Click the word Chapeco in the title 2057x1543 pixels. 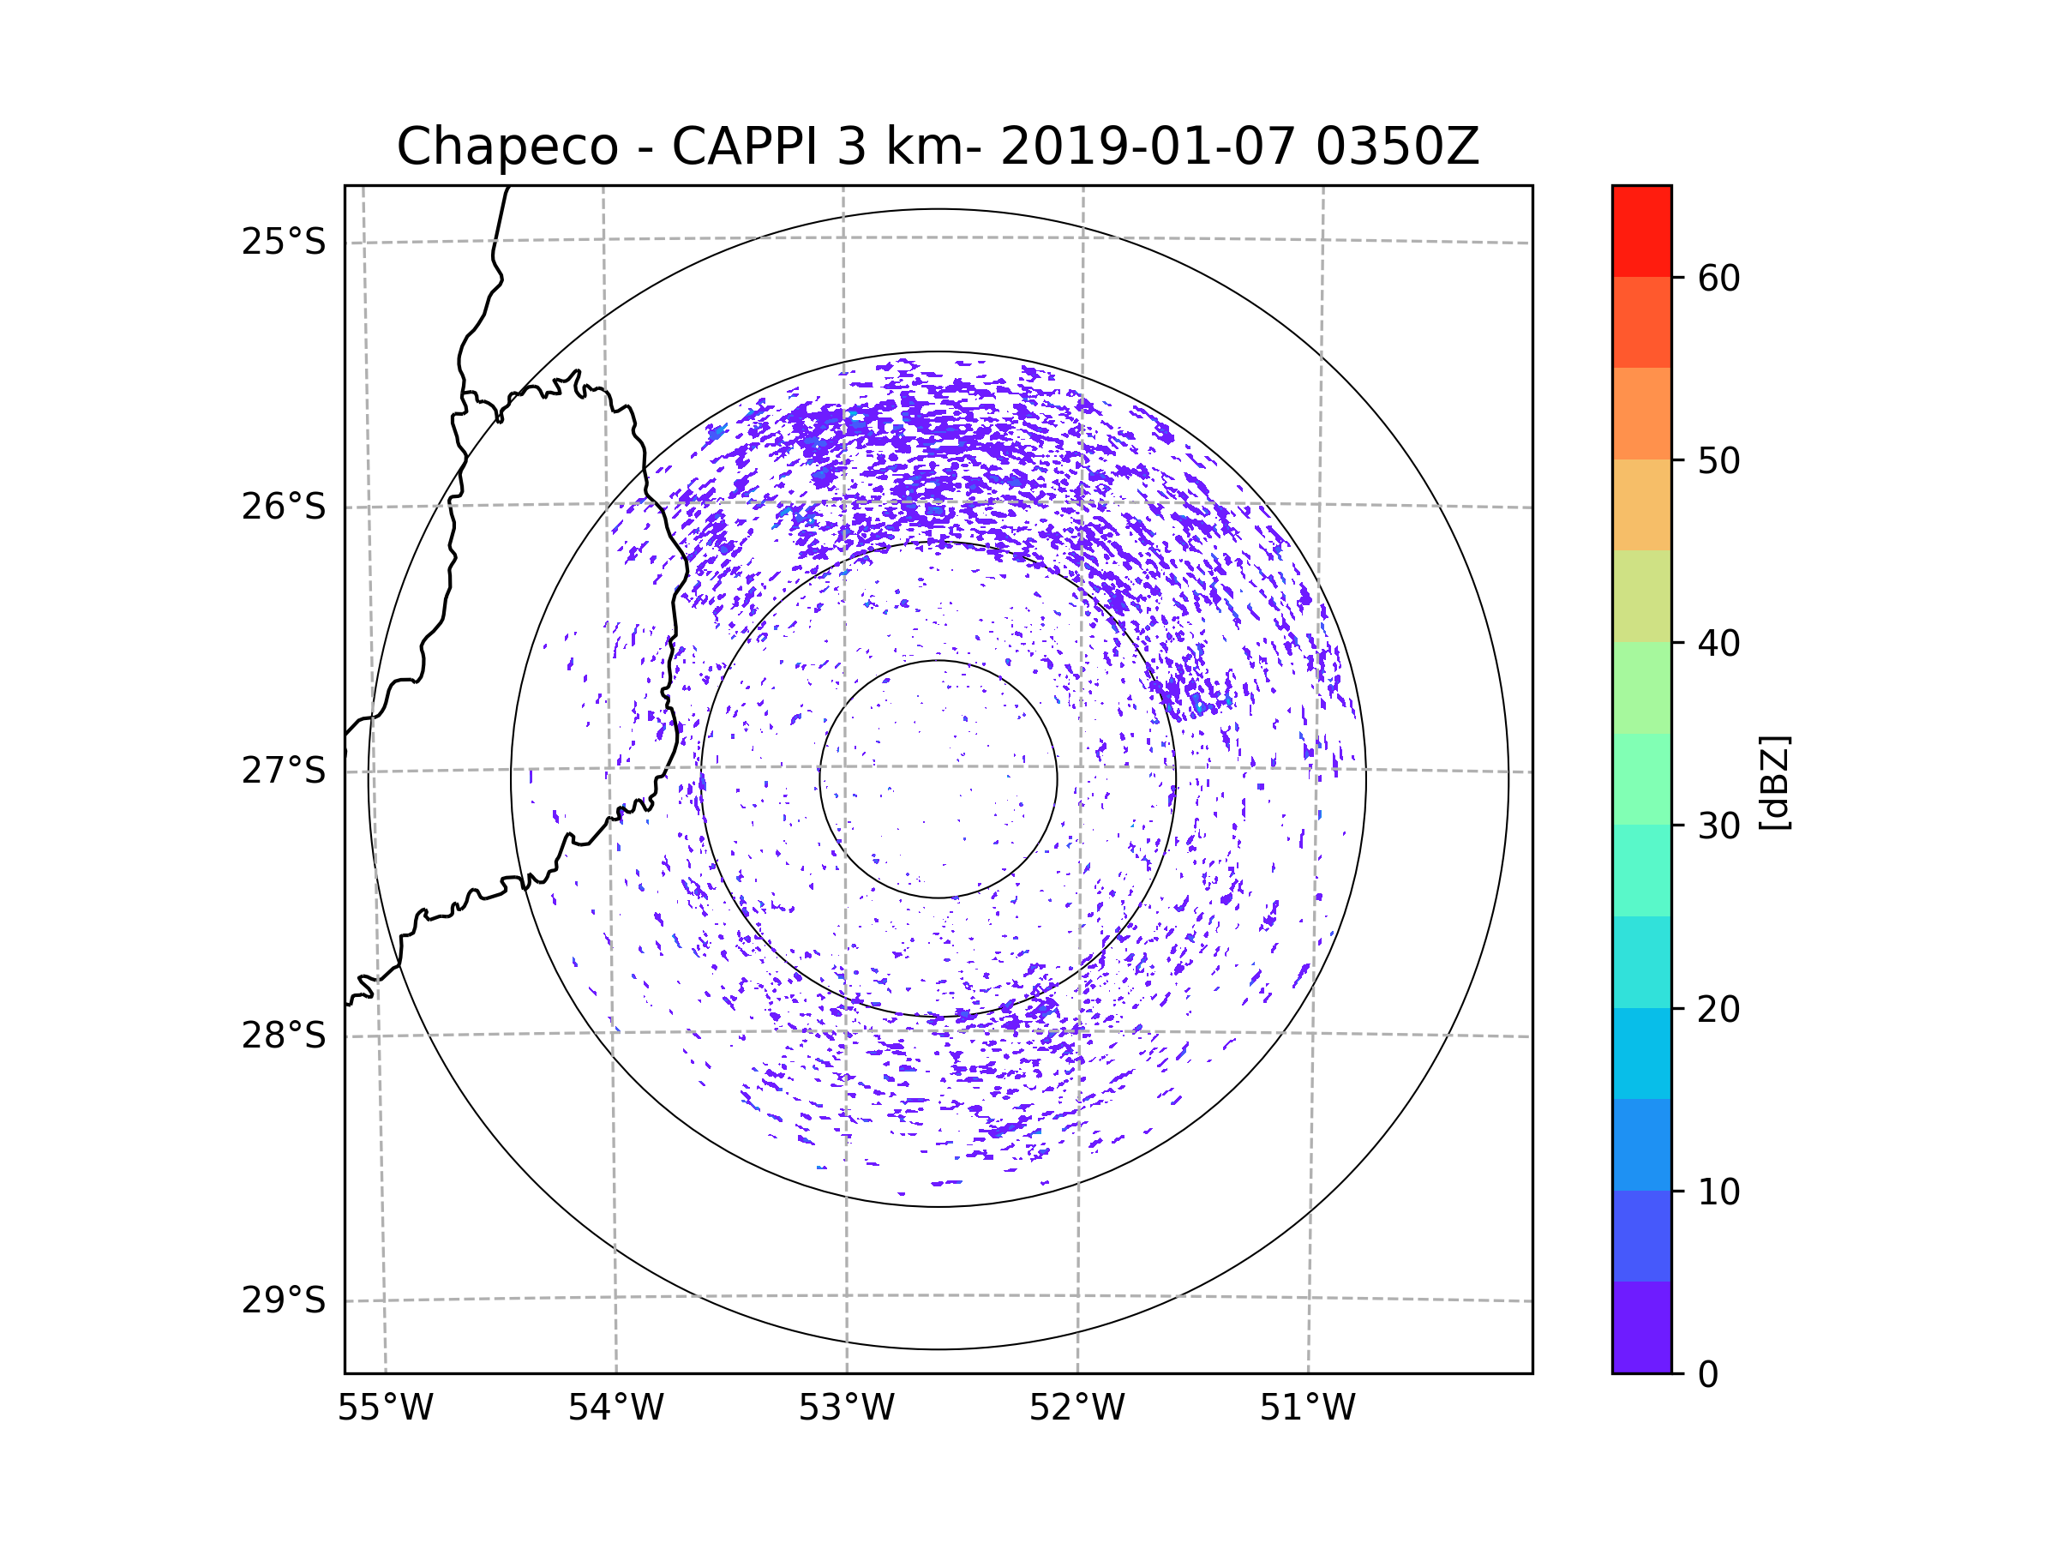tap(507, 147)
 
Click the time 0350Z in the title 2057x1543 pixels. tap(1397, 147)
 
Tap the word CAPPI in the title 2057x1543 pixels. tap(744, 147)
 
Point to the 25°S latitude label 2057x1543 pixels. tap(284, 242)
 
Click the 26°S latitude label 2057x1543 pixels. tap(284, 507)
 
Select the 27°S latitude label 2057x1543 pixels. tap(284, 771)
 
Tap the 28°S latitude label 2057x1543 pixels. tap(284, 1036)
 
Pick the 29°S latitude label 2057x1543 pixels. tap(284, 1300)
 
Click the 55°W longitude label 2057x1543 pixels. tap(385, 1408)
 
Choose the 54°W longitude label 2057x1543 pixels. tap(615, 1408)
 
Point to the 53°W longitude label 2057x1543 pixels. tap(846, 1408)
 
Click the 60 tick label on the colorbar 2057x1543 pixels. tap(1718, 278)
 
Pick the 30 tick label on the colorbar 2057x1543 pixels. tap(1718, 826)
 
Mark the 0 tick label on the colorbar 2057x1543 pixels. tap(1708, 1375)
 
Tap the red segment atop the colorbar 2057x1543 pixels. tap(1641, 231)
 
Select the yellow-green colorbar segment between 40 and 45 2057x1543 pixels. tap(1641, 596)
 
